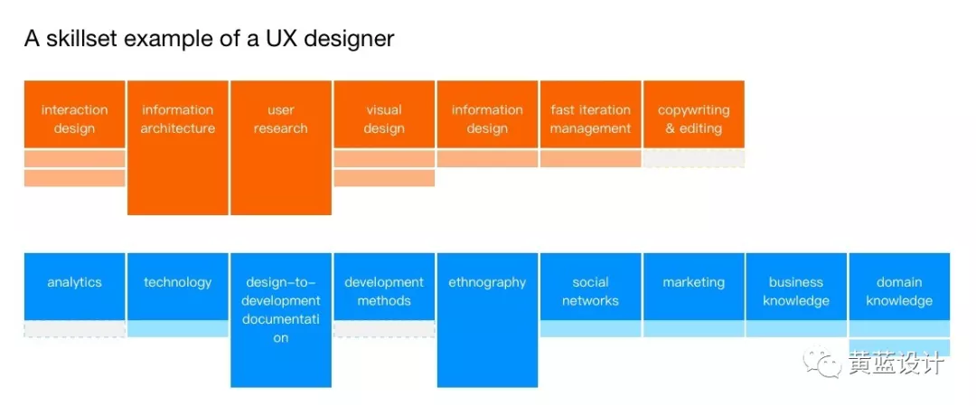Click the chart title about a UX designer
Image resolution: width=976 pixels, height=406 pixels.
coord(209,39)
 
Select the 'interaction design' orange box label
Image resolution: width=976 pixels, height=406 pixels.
coord(74,119)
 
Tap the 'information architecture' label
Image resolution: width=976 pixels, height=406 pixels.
coord(178,119)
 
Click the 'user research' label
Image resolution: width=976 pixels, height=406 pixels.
coord(281,119)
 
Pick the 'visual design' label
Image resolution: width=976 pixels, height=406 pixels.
coord(384,119)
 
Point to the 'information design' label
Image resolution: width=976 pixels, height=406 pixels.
coord(487,119)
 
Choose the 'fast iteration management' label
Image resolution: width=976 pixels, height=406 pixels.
coord(590,119)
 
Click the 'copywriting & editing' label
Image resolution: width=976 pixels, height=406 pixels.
coord(693,119)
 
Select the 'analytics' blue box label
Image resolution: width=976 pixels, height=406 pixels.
coord(74,282)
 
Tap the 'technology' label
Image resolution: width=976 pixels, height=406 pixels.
coord(178,282)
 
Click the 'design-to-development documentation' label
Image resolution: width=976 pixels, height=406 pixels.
coord(281,310)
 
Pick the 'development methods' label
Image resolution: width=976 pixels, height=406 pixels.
coord(384,291)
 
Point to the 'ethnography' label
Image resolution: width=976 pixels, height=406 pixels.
coord(487,282)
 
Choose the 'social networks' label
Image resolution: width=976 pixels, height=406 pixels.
coord(590,291)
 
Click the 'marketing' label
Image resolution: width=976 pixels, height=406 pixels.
coord(693,282)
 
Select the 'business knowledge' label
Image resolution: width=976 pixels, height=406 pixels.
coord(796,291)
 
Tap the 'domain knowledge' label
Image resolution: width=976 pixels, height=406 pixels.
coord(899,291)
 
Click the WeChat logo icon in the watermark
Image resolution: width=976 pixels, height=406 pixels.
coord(828,364)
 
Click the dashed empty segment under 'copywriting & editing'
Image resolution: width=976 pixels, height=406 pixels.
coord(693,158)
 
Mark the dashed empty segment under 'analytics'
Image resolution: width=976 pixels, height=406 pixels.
coord(74,329)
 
